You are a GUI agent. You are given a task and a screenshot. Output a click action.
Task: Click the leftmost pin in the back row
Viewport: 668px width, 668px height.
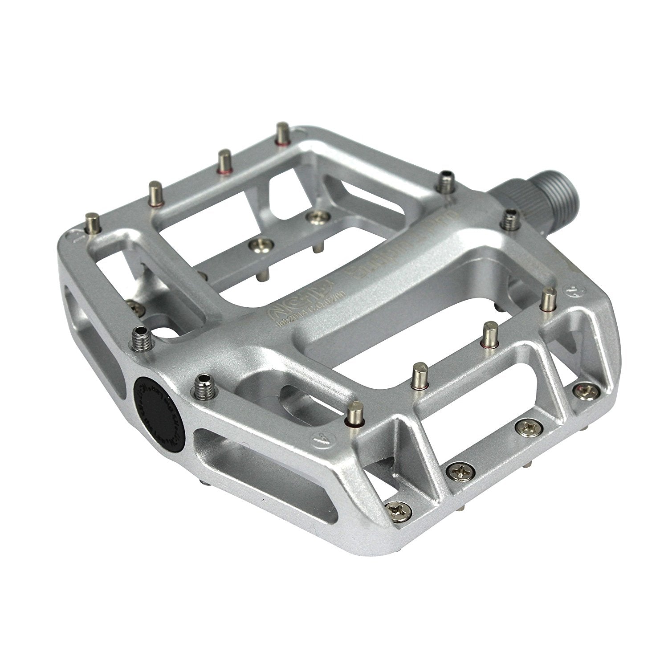pyautogui.click(x=93, y=222)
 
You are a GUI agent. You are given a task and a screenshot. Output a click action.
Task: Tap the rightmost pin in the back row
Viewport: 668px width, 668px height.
pyautogui.click(x=281, y=133)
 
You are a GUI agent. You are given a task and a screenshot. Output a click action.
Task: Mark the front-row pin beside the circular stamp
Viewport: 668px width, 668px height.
pyautogui.click(x=546, y=299)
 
